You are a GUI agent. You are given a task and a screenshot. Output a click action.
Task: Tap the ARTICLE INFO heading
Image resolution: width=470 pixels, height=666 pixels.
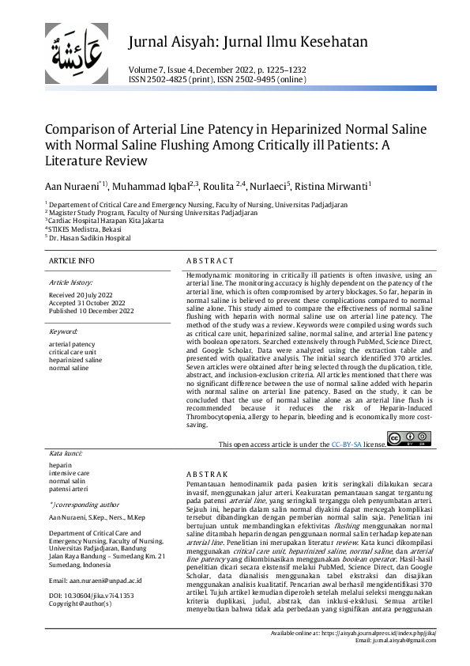pyautogui.click(x=71, y=260)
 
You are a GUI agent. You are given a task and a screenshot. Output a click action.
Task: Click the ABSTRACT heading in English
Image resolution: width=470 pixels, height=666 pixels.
pyautogui.click(x=210, y=260)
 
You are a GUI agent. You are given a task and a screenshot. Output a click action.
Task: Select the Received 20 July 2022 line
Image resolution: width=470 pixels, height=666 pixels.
pyautogui.click(x=81, y=294)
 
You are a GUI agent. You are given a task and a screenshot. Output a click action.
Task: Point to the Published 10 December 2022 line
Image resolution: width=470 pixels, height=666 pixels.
pyautogui.click(x=92, y=311)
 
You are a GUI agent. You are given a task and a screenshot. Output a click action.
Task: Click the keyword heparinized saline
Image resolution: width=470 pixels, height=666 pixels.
pyautogui.click(x=76, y=360)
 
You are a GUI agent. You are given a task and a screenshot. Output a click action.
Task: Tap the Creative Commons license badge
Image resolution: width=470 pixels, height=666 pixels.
pyautogui.click(x=409, y=439)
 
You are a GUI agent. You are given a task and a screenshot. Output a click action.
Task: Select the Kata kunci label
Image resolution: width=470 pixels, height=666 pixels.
pyautogui.click(x=66, y=453)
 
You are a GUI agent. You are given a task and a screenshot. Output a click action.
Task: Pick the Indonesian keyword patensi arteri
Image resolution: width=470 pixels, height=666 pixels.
pyautogui.click(x=69, y=489)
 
